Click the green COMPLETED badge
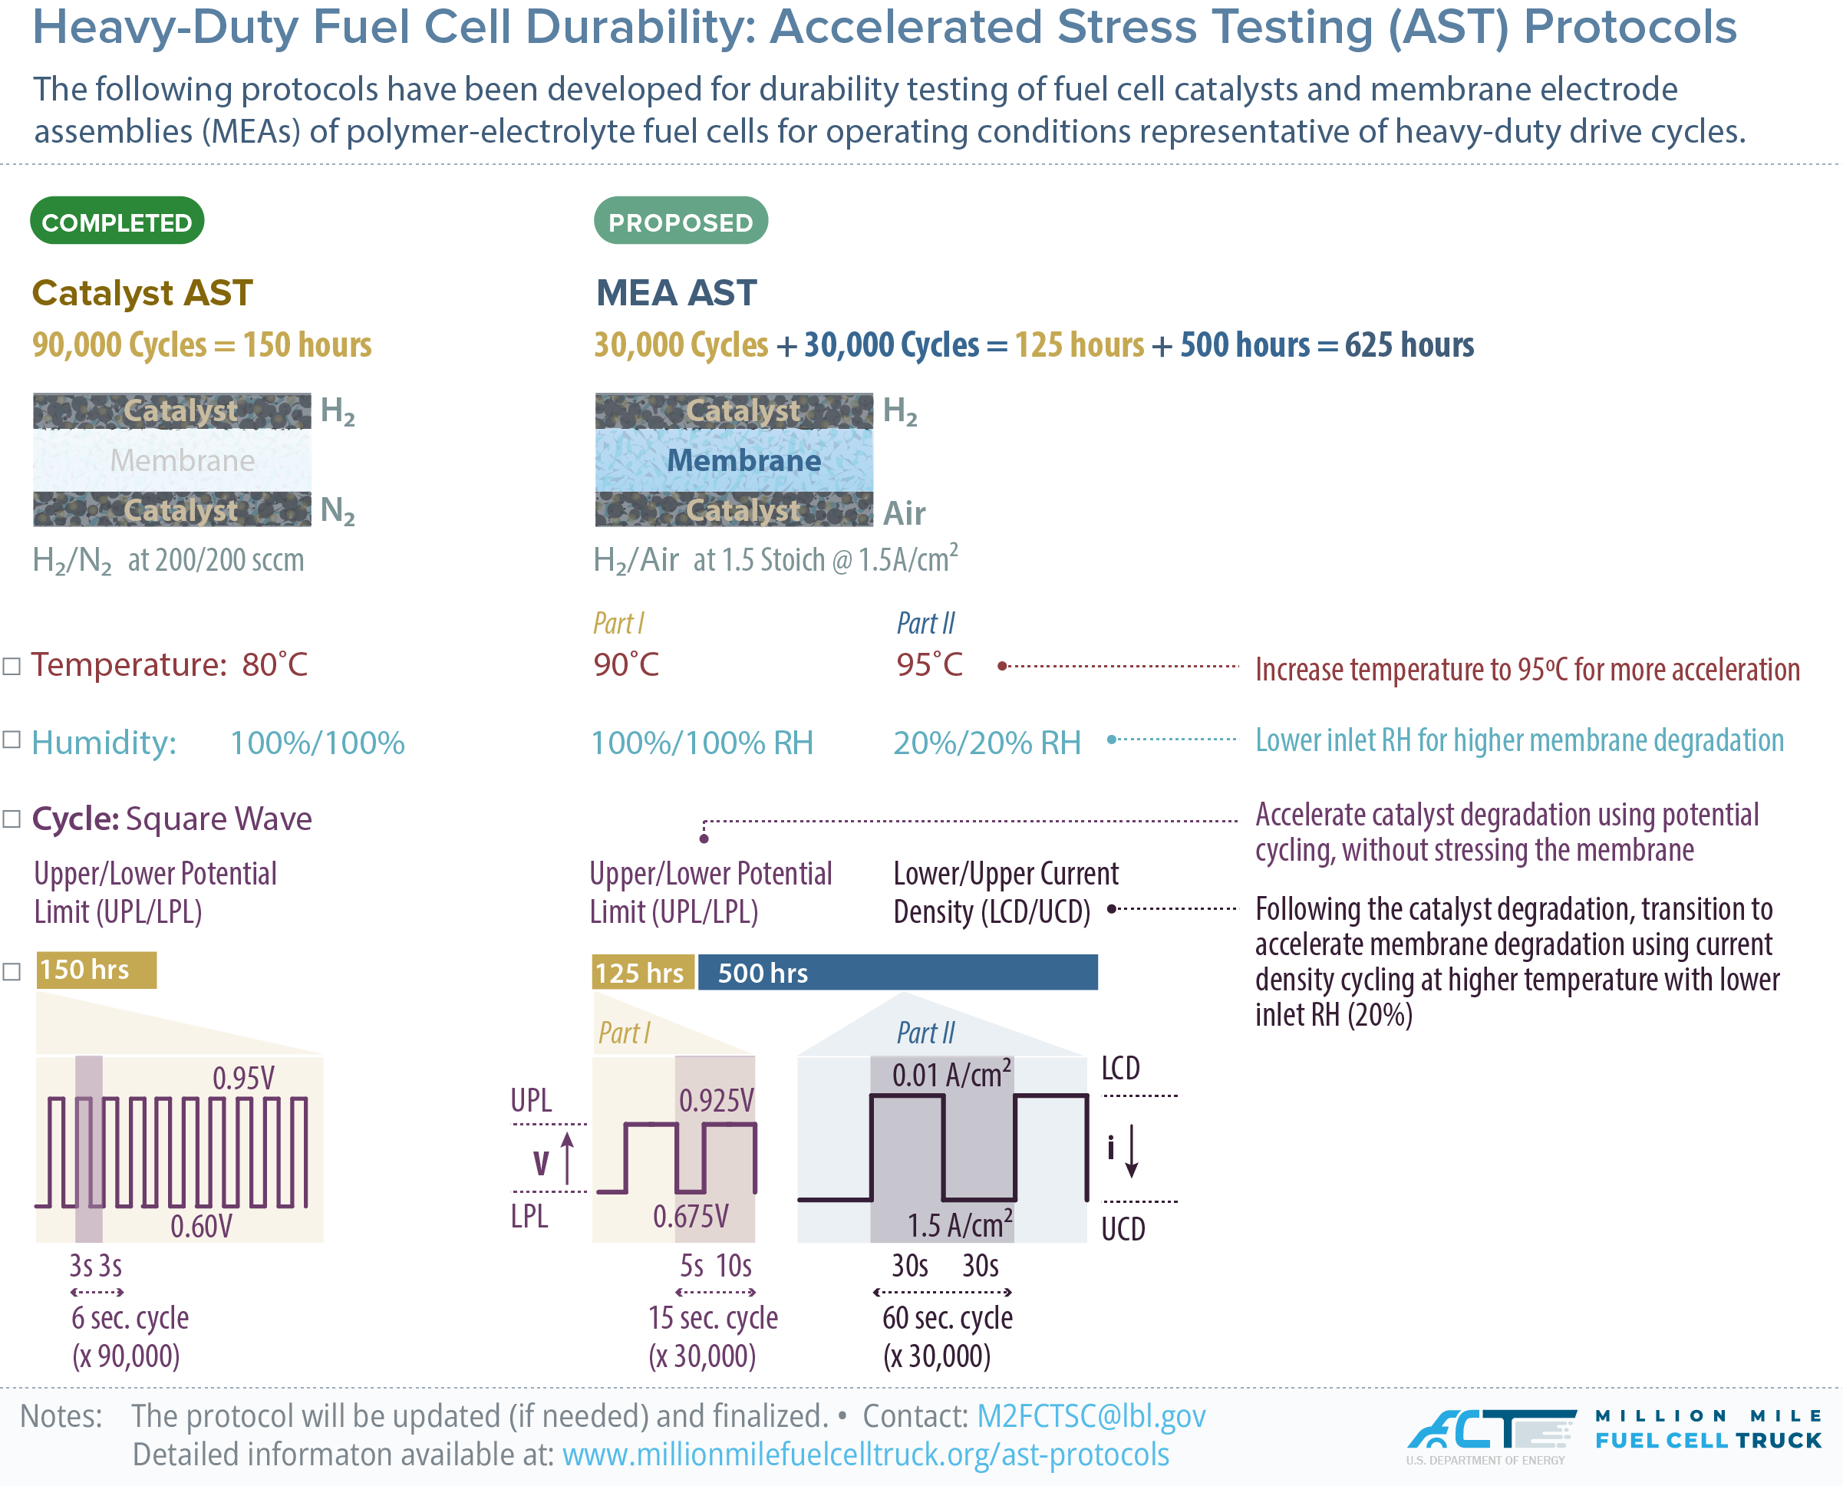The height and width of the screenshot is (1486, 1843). pos(117,222)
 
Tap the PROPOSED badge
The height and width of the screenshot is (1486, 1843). pos(681,222)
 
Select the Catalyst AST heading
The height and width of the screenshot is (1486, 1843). pos(142,293)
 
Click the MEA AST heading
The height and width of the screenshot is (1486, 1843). pos(676,293)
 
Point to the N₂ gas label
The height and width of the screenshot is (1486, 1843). pos(338,510)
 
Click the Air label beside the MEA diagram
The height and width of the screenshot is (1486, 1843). pos(904,513)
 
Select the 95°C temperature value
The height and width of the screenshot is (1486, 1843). pos(928,665)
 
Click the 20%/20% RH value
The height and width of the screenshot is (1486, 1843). pos(987,743)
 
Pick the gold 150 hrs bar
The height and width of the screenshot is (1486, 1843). pos(96,970)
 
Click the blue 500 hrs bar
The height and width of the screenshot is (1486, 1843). pos(897,974)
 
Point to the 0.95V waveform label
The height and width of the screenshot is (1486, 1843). pos(243,1079)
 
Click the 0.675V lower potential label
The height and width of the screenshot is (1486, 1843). pos(690,1215)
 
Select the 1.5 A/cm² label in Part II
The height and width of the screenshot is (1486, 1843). pos(960,1225)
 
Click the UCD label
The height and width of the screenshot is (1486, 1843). pos(1123,1229)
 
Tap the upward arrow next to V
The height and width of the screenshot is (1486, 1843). pos(567,1158)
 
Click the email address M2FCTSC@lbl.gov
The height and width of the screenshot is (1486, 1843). pos(1090,1416)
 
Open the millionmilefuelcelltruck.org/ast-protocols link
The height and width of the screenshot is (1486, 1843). pos(865,1455)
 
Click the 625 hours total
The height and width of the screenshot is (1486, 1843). pos(1409,345)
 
